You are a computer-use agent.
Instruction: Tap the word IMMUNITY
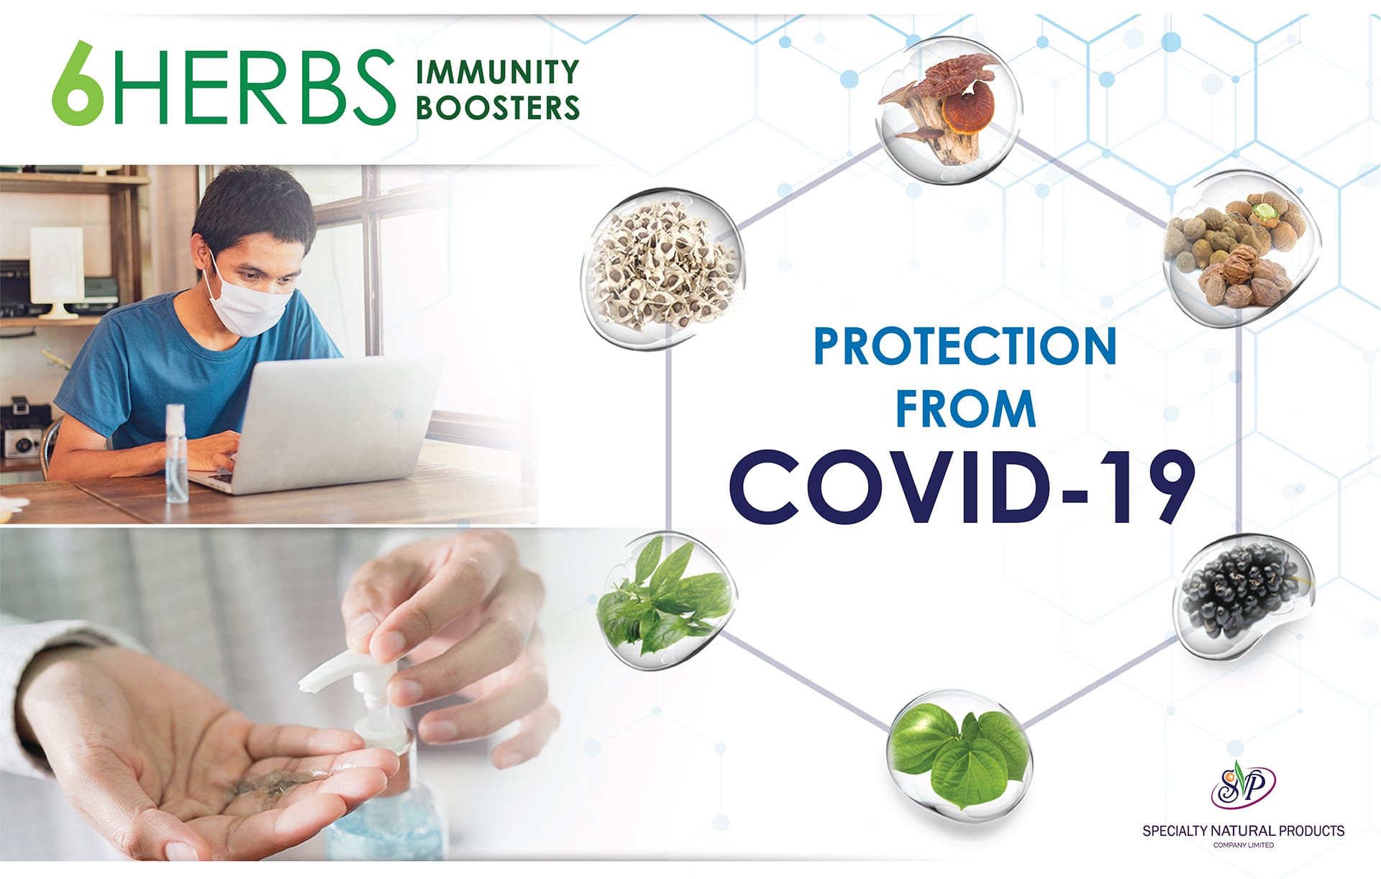click(498, 72)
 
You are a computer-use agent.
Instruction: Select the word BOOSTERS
click(498, 108)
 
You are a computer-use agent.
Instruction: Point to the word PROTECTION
click(965, 347)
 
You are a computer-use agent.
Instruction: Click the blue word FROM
click(965, 409)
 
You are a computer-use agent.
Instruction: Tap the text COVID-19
click(962, 488)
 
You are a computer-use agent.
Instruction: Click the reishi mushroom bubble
click(948, 109)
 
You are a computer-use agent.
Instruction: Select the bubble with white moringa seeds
click(663, 269)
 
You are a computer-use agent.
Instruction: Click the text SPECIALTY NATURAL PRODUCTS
click(1243, 831)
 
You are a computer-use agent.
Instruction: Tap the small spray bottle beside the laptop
click(176, 453)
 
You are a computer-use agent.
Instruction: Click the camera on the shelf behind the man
click(23, 432)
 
